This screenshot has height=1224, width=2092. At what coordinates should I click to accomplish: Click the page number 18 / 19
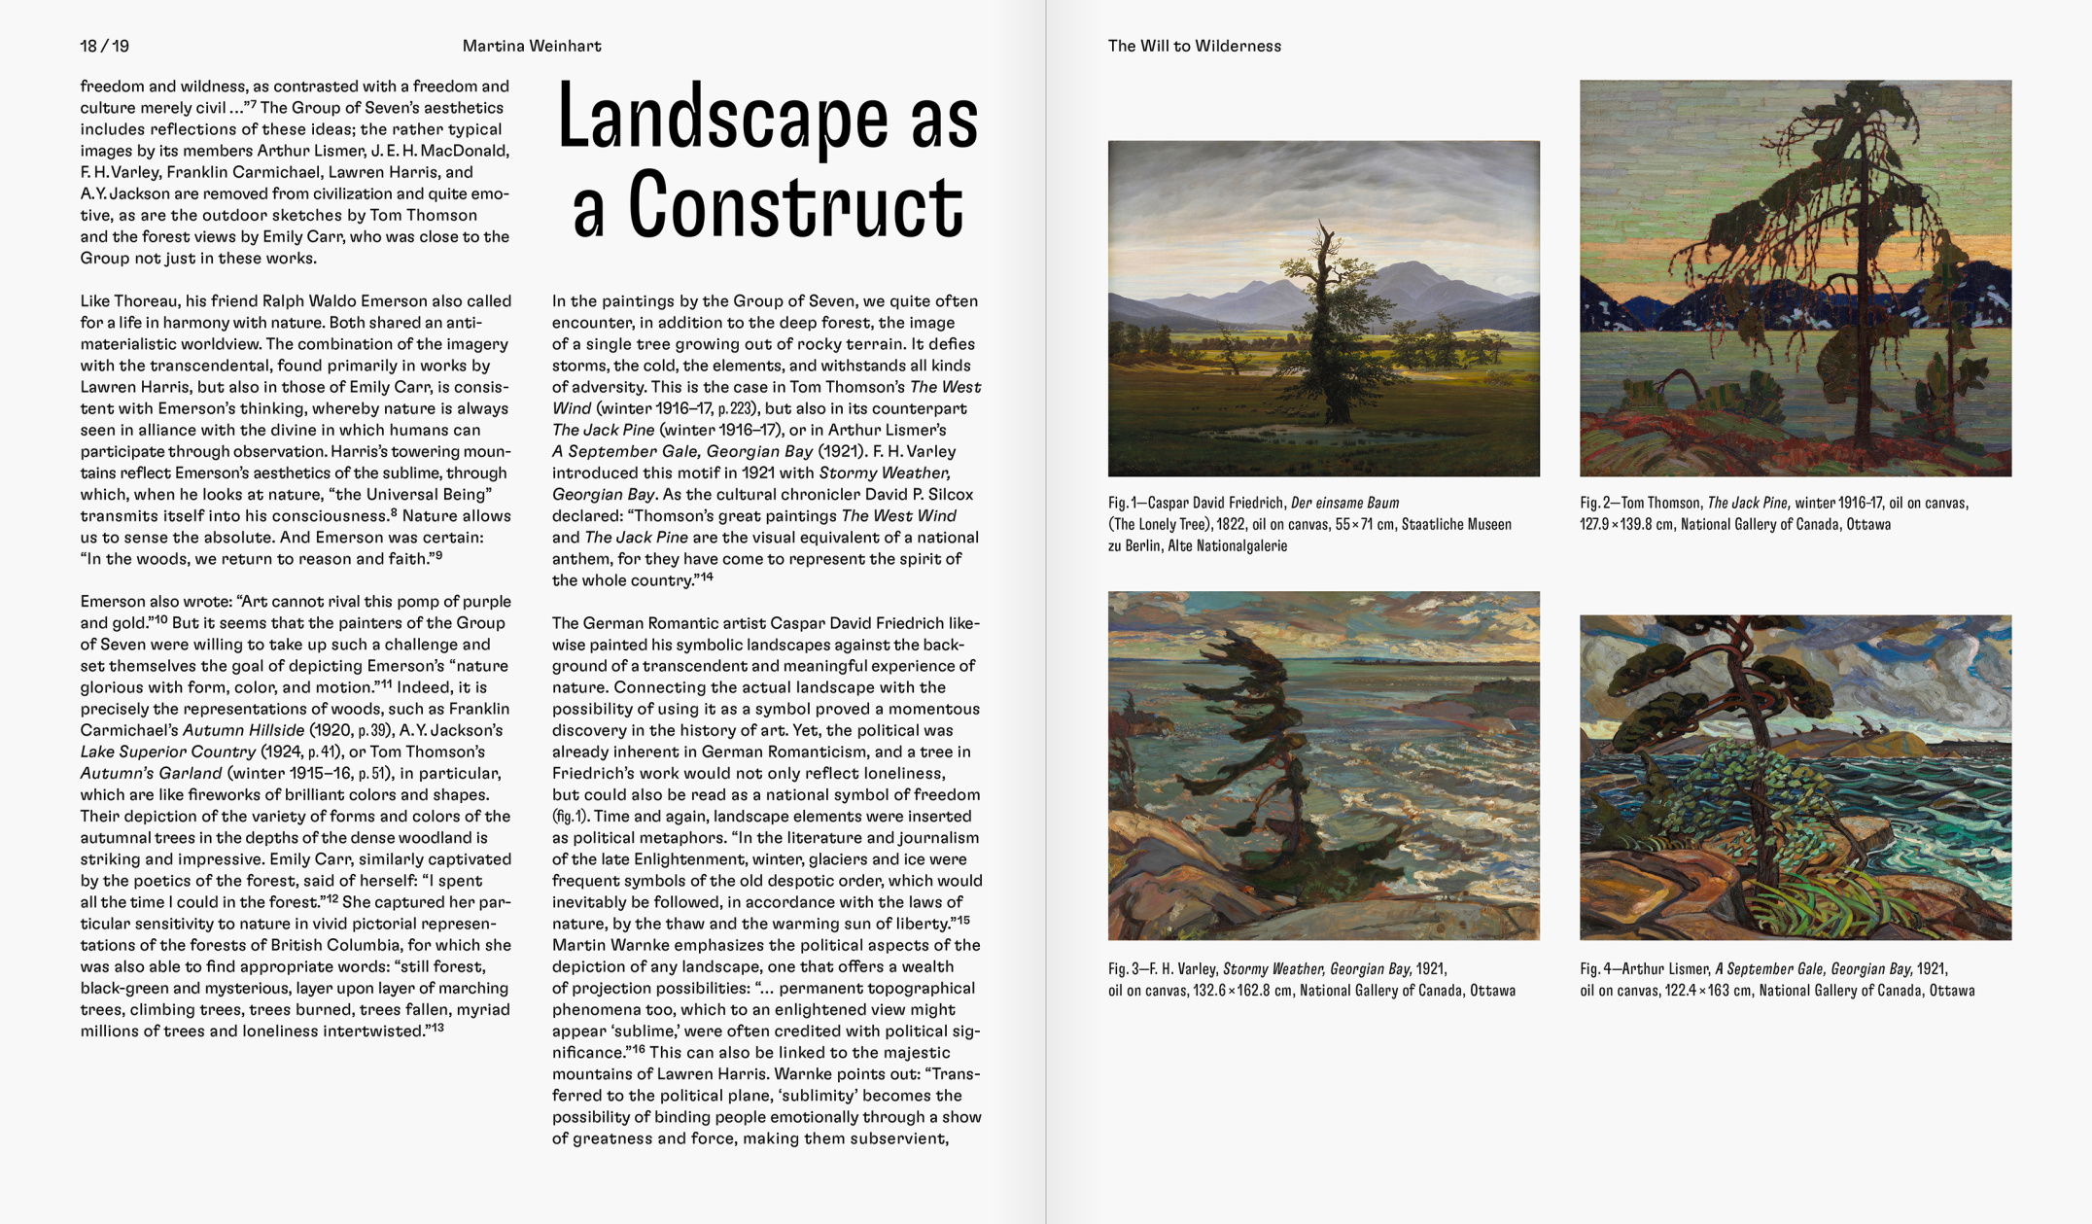(x=104, y=46)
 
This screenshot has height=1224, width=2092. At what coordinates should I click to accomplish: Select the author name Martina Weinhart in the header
(x=531, y=46)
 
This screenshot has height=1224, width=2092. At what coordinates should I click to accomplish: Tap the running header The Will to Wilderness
(x=1194, y=46)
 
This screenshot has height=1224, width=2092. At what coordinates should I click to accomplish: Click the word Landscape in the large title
(x=720, y=118)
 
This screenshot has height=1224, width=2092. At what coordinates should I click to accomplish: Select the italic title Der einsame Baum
(x=1344, y=503)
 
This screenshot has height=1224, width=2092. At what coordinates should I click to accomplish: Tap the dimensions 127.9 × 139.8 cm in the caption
(x=1626, y=525)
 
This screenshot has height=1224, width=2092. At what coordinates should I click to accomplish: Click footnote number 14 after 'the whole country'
(x=707, y=577)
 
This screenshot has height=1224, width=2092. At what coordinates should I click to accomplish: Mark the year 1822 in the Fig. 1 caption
(x=1233, y=525)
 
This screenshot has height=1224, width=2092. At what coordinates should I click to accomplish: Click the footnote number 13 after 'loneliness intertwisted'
(x=437, y=1027)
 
